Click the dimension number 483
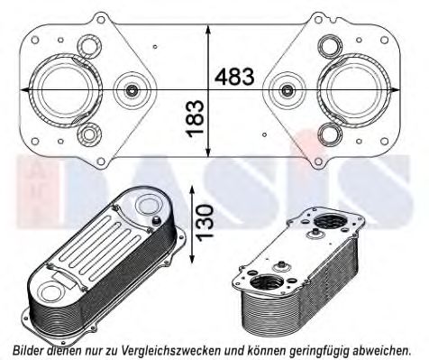click(234, 77)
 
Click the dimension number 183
click(195, 118)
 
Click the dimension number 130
click(205, 221)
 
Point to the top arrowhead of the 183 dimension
click(208, 30)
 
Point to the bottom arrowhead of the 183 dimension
click(208, 152)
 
